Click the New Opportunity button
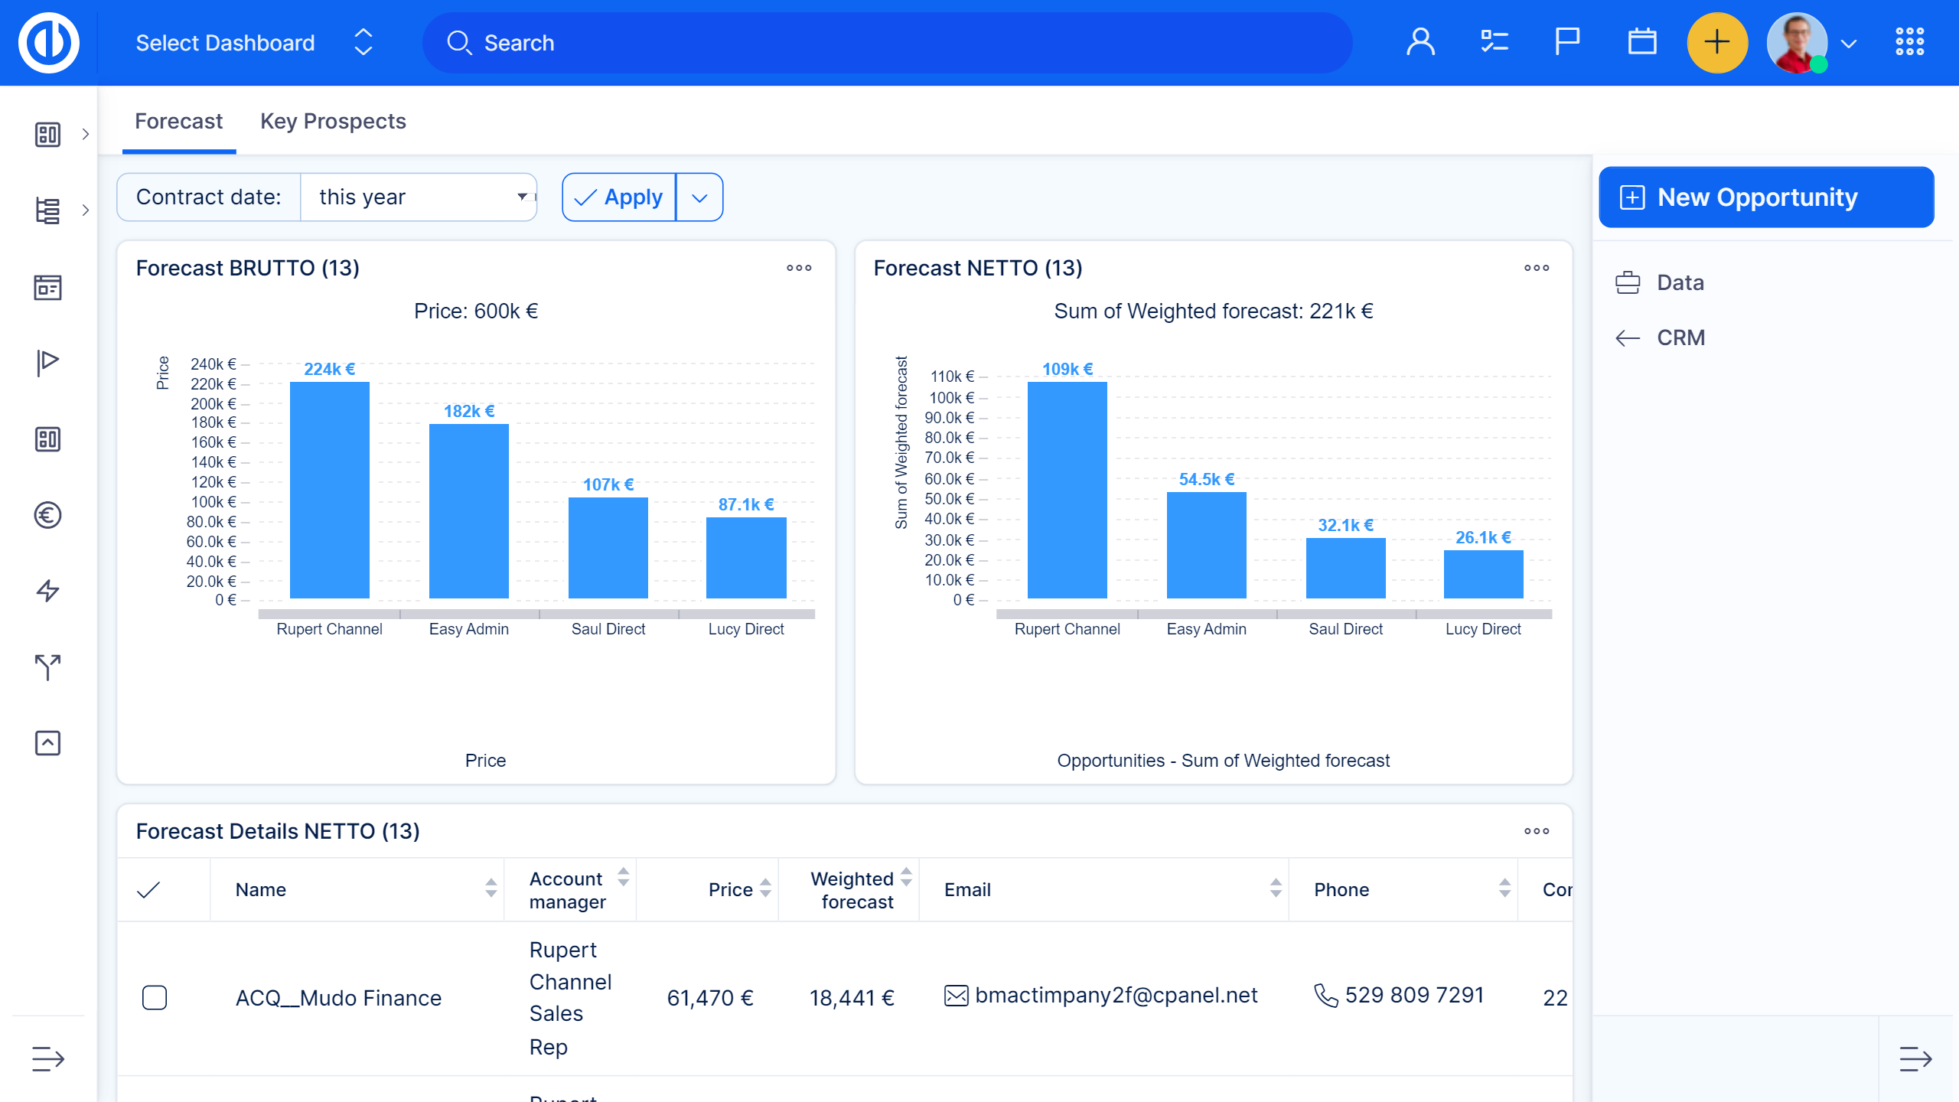click(1765, 197)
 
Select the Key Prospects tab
click(333, 122)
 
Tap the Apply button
click(619, 197)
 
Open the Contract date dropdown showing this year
click(419, 197)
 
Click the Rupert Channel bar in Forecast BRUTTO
click(329, 490)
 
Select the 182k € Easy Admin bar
click(468, 511)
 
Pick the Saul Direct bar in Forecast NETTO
click(1345, 568)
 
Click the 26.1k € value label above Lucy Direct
click(1483, 537)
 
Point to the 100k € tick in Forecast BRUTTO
click(214, 502)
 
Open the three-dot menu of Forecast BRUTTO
click(799, 268)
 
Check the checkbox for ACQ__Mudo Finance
click(155, 998)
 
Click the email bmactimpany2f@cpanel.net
click(1116, 995)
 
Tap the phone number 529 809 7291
click(1414, 995)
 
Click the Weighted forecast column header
click(852, 890)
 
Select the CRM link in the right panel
click(1680, 337)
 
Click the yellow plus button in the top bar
click(1717, 43)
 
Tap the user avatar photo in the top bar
click(1797, 43)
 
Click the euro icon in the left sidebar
click(47, 515)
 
